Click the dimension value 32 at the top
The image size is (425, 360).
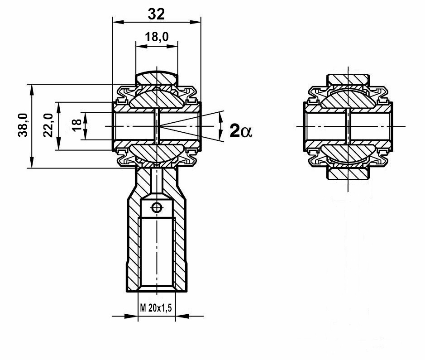coord(157,14)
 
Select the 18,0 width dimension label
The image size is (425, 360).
coord(157,37)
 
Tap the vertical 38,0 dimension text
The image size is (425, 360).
coord(23,125)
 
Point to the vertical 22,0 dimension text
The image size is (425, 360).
coord(48,125)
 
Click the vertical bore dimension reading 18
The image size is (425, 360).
coord(77,125)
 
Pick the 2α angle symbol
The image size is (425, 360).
coord(241,131)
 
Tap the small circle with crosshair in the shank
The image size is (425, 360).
coord(157,208)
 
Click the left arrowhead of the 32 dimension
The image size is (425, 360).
coord(118,22)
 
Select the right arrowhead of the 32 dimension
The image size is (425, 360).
coord(196,22)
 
